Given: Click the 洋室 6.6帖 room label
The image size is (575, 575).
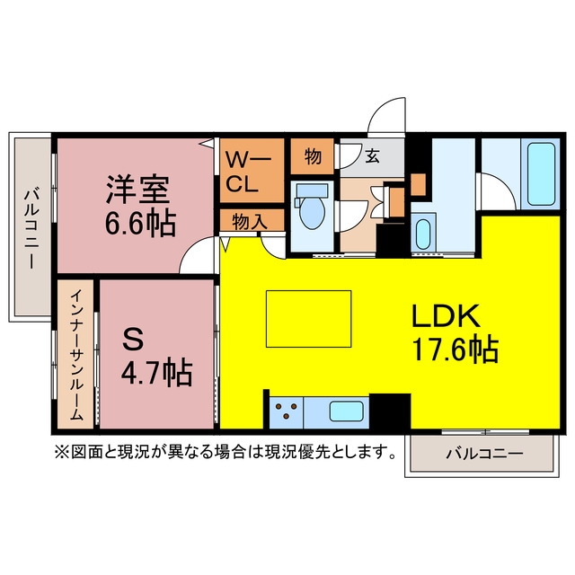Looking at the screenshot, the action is (140, 206).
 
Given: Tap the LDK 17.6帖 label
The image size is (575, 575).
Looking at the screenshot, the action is (456, 333).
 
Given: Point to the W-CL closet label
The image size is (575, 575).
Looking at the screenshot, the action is (248, 172).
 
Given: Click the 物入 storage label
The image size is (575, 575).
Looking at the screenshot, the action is (250, 222).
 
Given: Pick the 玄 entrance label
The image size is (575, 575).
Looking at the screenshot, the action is (372, 156).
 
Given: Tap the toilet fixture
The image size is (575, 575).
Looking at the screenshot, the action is (312, 207).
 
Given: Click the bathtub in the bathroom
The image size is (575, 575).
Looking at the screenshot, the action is (541, 173).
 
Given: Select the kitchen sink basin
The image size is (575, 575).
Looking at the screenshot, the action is (347, 411).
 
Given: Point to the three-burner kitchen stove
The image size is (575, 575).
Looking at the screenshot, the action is (287, 412).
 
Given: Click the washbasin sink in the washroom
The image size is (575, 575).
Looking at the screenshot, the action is (423, 234).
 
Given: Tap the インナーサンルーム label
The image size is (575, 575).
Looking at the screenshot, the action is (76, 355).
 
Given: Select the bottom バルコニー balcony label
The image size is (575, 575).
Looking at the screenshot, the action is (484, 454).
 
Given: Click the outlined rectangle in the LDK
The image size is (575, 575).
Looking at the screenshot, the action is (309, 319).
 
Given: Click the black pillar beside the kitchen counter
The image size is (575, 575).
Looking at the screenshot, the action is (390, 411).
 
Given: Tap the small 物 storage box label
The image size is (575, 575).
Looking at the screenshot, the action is (313, 156).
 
